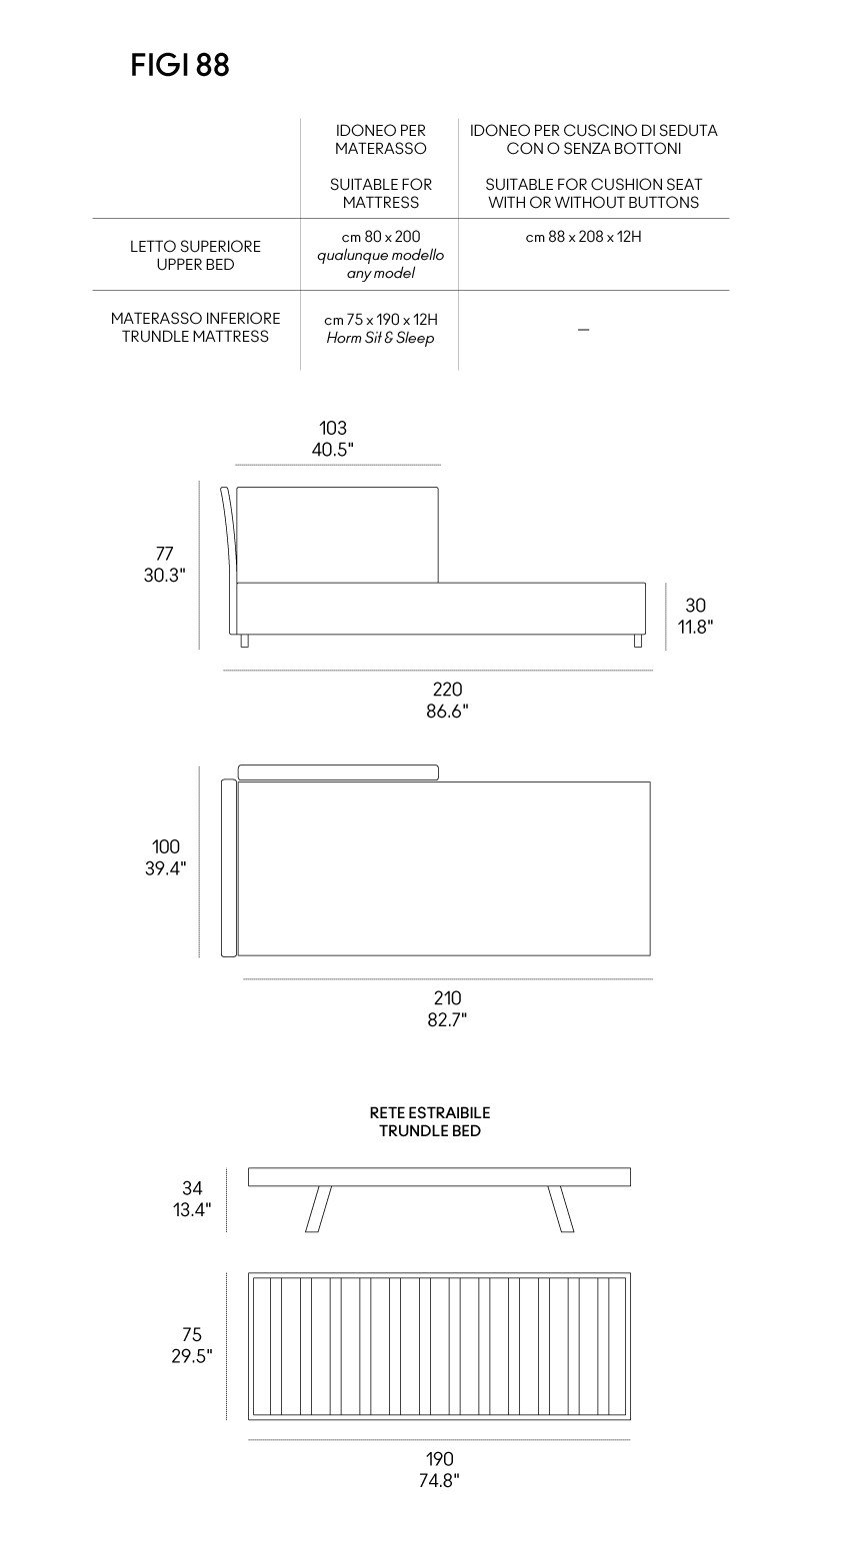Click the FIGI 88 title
tap(180, 66)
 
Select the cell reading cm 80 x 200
tap(381, 237)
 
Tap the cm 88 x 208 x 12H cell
tap(583, 237)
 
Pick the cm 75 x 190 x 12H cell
tap(381, 319)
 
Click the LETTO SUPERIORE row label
tap(195, 246)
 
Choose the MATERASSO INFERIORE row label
tap(195, 318)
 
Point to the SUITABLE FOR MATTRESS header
tap(381, 193)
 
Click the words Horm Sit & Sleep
tap(381, 338)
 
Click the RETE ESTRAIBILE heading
tap(430, 1112)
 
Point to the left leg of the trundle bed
tap(318, 1208)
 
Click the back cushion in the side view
tap(337, 535)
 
